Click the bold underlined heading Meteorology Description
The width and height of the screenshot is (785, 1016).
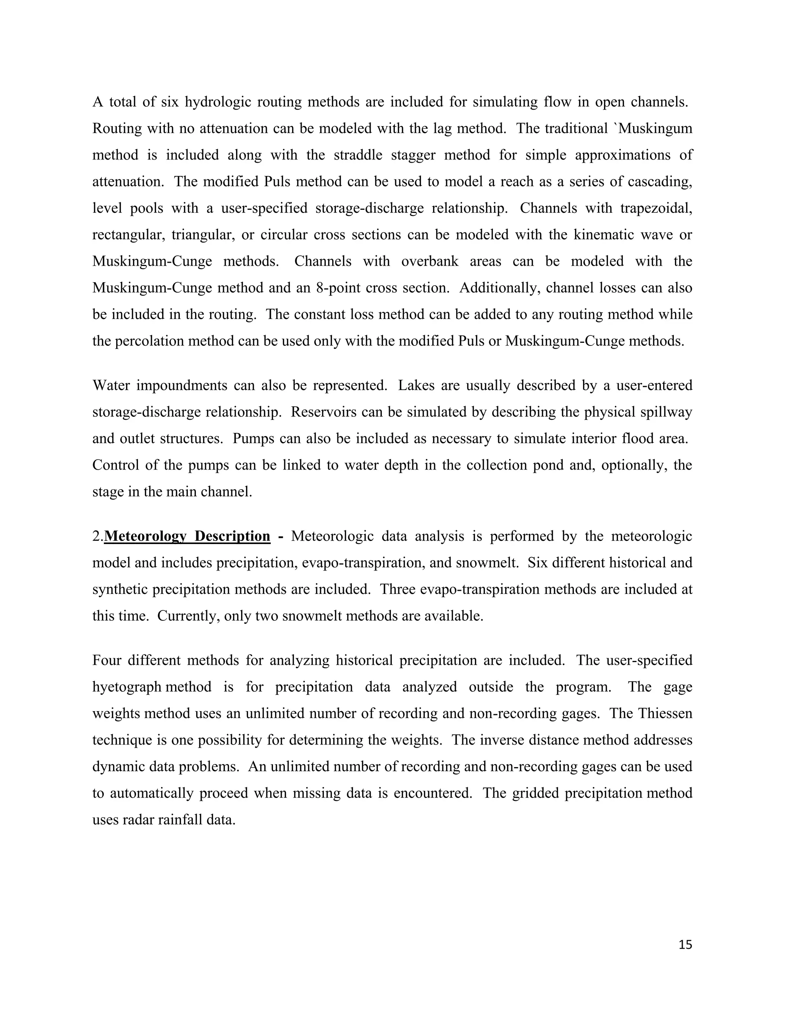click(187, 536)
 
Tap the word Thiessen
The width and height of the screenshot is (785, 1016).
click(665, 713)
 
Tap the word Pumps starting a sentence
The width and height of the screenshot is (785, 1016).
click(253, 439)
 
